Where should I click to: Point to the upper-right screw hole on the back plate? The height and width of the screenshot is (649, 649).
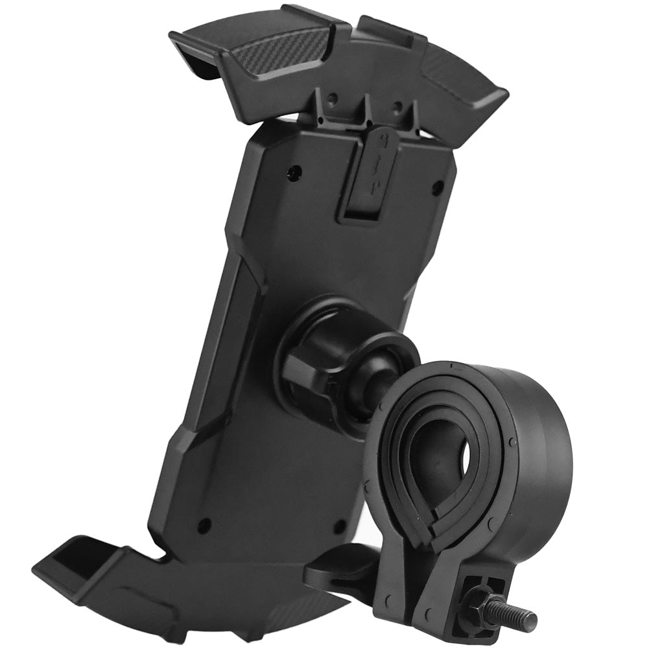[438, 189]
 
